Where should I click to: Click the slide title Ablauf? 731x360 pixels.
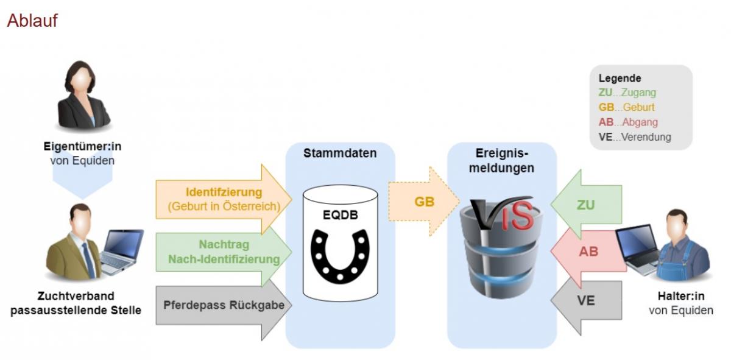(x=32, y=21)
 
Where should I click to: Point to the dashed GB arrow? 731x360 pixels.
(x=424, y=202)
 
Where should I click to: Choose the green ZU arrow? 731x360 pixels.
(x=586, y=204)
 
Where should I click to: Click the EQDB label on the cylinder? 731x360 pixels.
(x=339, y=214)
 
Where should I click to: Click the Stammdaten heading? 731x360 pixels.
(x=340, y=154)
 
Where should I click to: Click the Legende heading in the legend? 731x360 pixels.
(x=620, y=79)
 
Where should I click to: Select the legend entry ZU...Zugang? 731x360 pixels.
(x=627, y=93)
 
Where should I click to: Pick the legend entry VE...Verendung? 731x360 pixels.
(x=634, y=137)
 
